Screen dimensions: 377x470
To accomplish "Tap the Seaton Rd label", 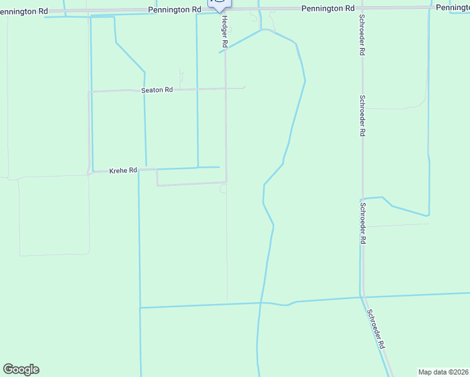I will pyautogui.click(x=157, y=90).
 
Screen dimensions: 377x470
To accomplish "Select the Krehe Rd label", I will pyautogui.click(x=123, y=170).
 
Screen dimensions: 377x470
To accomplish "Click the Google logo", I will pyautogui.click(x=21, y=369).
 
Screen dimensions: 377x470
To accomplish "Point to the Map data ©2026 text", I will pyautogui.click(x=443, y=372).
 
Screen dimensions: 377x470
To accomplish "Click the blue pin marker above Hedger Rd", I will pyautogui.click(x=219, y=4).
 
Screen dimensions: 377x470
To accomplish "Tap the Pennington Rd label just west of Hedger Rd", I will pyautogui.click(x=175, y=9).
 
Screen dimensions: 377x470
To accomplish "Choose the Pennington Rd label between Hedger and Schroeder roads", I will pyautogui.click(x=327, y=8).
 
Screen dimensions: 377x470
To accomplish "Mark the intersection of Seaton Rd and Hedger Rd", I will pyautogui.click(x=226, y=89).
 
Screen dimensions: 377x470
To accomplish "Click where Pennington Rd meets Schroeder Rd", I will pyautogui.click(x=362, y=8).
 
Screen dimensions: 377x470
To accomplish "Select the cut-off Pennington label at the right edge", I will pyautogui.click(x=452, y=7).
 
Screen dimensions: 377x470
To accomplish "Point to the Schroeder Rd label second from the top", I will pyautogui.click(x=363, y=116).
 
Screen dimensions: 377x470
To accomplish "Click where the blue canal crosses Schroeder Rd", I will pyautogui.click(x=363, y=297).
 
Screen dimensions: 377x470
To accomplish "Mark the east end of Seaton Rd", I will pyautogui.click(x=244, y=87).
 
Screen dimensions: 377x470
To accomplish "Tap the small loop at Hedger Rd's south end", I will pyautogui.click(x=223, y=189).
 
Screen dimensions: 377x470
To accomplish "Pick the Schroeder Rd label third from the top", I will pyautogui.click(x=363, y=222).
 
